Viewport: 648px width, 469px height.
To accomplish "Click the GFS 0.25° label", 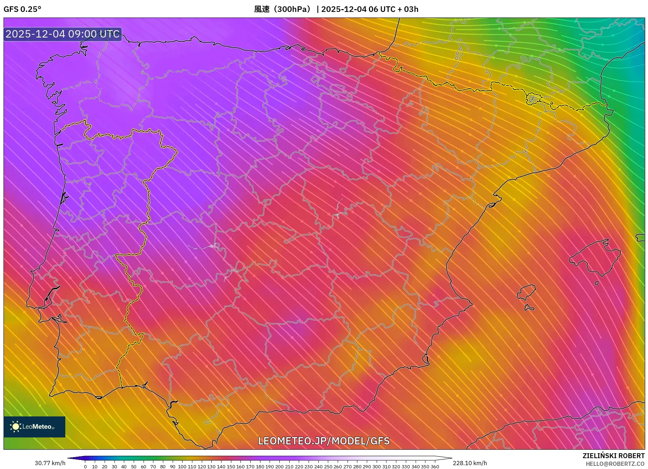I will coord(22,9).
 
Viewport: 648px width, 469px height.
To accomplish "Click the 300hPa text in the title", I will coord(292,9).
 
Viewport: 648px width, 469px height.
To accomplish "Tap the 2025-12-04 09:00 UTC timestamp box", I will coord(62,34).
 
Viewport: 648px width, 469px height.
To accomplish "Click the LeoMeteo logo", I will coord(34,427).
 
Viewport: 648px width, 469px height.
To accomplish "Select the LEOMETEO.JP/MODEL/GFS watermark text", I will coord(324,441).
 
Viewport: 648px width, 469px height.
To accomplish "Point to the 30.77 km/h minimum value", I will coord(50,463).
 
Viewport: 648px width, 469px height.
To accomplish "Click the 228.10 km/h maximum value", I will coord(470,463).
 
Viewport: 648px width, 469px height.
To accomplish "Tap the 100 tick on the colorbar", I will coord(182,467).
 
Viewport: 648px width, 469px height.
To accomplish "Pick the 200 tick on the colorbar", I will coord(279,467).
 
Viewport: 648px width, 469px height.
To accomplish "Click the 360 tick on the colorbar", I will coord(435,467).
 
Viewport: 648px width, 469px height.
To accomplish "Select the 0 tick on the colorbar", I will coord(85,467).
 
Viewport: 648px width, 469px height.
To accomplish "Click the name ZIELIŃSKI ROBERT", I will coord(613,456).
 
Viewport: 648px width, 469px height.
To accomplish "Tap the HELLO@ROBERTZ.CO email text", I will coord(615,464).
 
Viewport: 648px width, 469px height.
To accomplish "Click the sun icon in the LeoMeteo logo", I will coord(15,427).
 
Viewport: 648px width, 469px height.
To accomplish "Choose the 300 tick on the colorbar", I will coord(376,467).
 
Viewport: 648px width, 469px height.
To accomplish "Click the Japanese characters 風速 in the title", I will coord(262,9).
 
